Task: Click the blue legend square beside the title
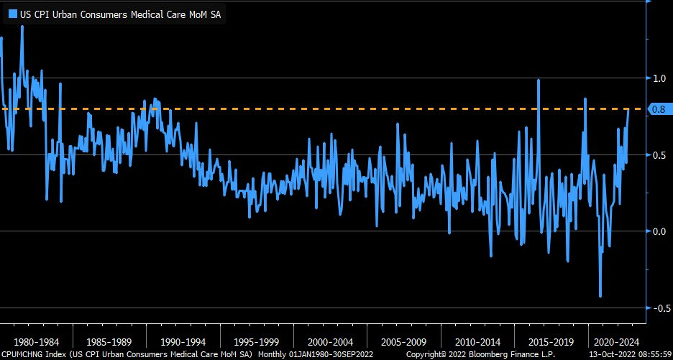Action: coord(12,13)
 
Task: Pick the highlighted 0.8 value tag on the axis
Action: coord(658,109)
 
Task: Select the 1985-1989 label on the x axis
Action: coord(109,341)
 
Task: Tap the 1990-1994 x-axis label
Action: coord(183,341)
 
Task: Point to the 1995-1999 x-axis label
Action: coord(257,341)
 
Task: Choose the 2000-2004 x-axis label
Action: coord(330,341)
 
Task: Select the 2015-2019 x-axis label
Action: coord(551,341)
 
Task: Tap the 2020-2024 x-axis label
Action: coord(614,341)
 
